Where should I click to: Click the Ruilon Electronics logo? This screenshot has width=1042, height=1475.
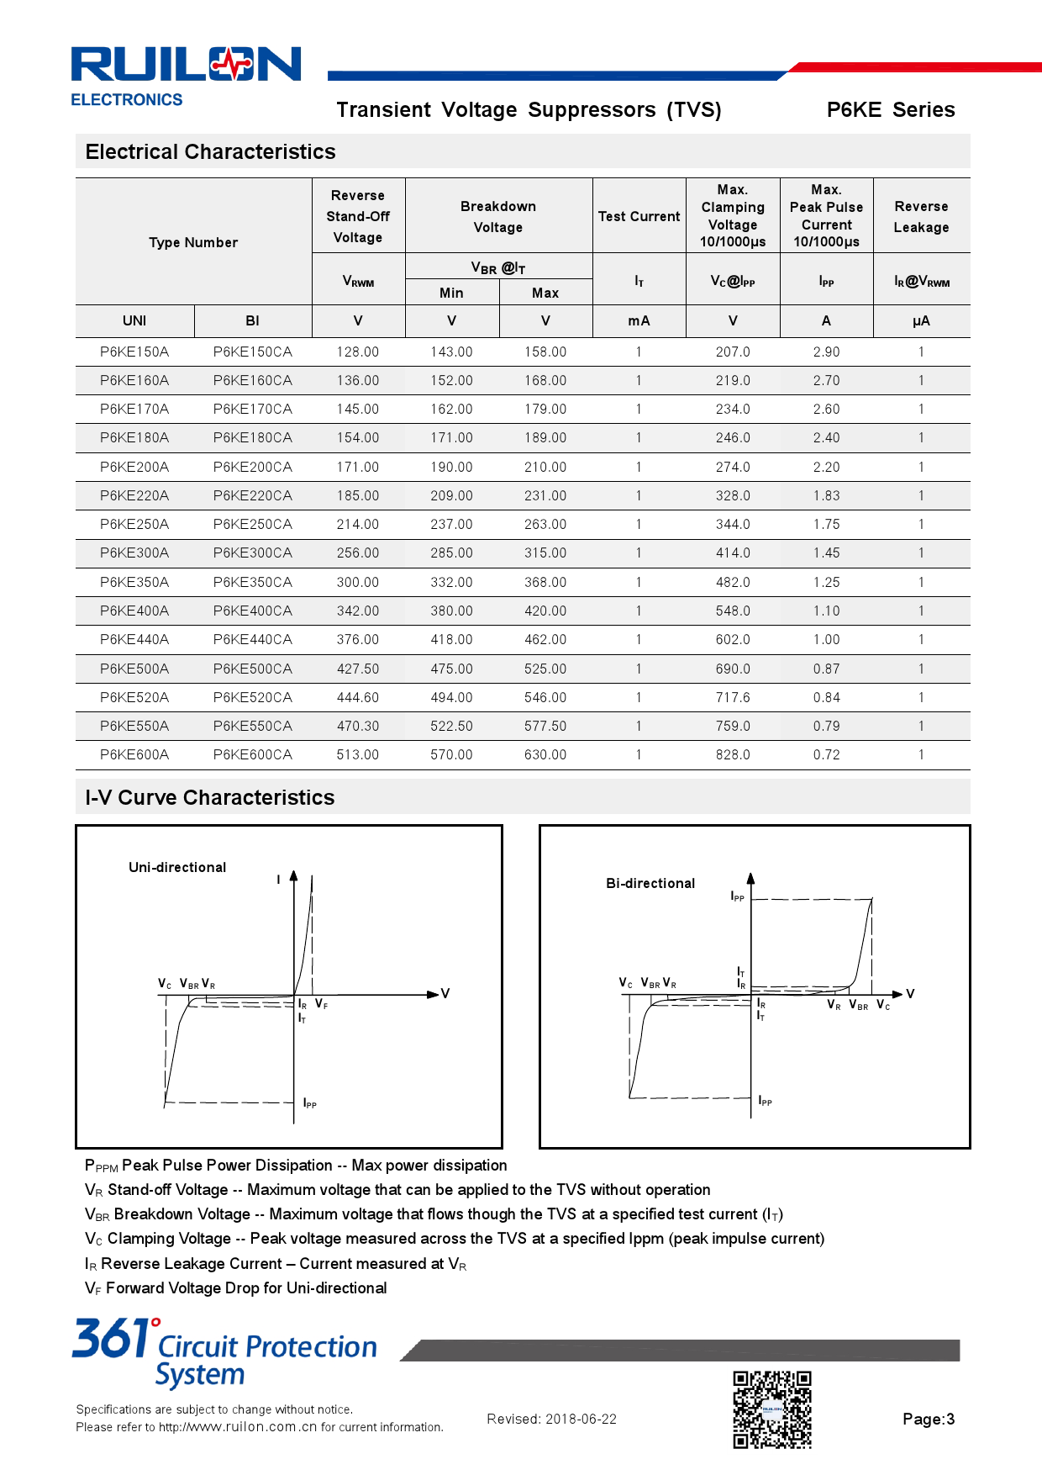[x=186, y=75]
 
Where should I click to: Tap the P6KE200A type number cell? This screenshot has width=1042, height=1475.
[x=134, y=467]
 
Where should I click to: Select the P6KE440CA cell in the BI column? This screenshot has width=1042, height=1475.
[x=252, y=639]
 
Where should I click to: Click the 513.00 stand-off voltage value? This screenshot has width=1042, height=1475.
[x=358, y=754]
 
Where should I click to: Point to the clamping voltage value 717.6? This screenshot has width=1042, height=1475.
[x=733, y=697]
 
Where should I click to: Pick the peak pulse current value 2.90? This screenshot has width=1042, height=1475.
[x=826, y=352]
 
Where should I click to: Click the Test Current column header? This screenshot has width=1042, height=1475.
[x=639, y=216]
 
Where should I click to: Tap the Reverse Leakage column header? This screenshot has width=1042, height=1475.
[x=921, y=216]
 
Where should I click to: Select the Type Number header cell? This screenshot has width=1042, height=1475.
[x=193, y=242]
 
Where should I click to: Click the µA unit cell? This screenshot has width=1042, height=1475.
[x=921, y=320]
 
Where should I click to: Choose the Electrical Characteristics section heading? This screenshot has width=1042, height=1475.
[x=210, y=151]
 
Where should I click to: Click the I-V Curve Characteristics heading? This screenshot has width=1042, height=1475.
[x=210, y=797]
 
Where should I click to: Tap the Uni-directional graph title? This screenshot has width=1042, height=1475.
[x=177, y=867]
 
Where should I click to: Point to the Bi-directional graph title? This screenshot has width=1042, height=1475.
[x=650, y=883]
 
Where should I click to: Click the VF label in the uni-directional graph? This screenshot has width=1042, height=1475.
[x=321, y=1004]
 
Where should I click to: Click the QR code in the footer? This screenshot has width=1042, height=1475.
[x=772, y=1409]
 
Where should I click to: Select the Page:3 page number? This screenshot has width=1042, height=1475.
[x=929, y=1419]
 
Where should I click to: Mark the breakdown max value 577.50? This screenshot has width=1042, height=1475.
[x=545, y=726]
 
